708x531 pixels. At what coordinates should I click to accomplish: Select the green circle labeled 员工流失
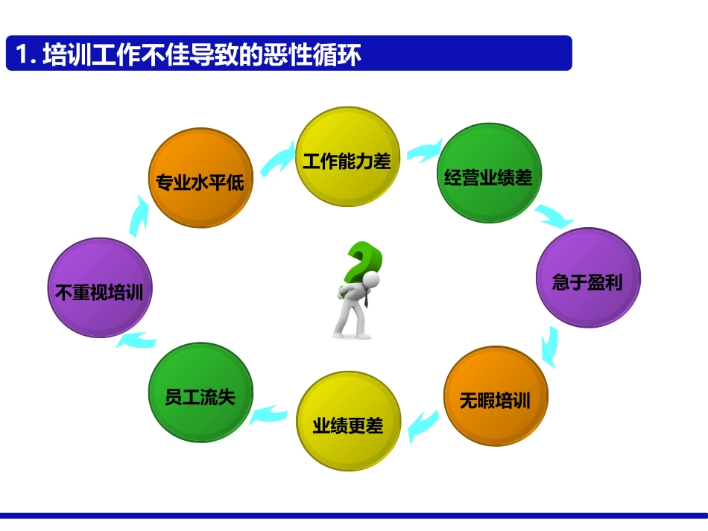[200, 392]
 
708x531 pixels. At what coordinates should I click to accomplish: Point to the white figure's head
[370, 281]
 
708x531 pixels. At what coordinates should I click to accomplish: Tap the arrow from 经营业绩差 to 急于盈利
[554, 215]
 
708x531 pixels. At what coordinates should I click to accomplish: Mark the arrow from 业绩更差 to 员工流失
[268, 414]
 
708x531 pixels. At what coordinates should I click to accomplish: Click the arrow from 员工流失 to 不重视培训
[136, 341]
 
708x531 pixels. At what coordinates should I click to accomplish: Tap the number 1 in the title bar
[22, 54]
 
